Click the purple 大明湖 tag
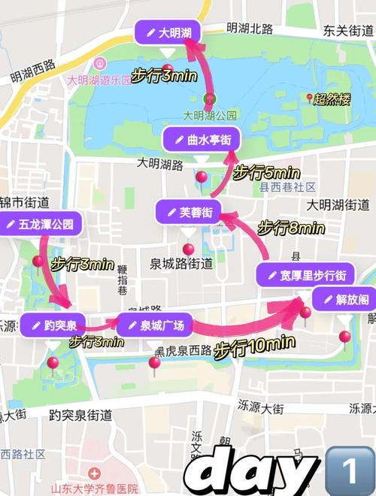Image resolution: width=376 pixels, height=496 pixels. pyautogui.click(x=167, y=32)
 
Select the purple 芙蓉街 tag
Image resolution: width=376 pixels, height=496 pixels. pyautogui.click(x=188, y=212)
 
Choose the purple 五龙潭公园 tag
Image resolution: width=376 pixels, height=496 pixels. pyautogui.click(x=39, y=224)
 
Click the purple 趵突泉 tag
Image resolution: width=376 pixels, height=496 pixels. pyautogui.click(x=53, y=325)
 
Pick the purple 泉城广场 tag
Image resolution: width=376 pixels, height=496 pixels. pyautogui.click(x=156, y=325)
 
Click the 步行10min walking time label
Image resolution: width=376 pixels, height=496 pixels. pyautogui.click(x=254, y=348)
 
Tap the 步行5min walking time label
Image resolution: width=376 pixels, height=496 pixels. pyautogui.click(x=267, y=172)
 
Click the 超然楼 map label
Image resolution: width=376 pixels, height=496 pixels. pyautogui.click(x=332, y=98)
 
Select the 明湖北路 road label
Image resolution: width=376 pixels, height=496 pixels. pyautogui.click(x=250, y=29)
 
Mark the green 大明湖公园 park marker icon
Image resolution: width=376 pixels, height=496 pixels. pyautogui.click(x=210, y=98)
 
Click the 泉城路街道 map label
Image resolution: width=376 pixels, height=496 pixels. pyautogui.click(x=180, y=264)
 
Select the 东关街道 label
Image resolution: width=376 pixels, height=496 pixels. pyautogui.click(x=349, y=31)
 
